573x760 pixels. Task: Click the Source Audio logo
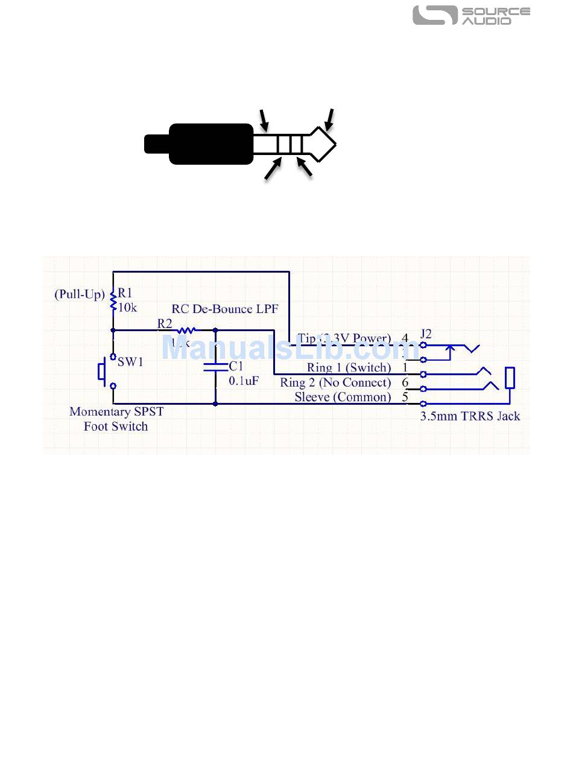click(x=471, y=16)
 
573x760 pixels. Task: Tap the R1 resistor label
click(x=125, y=293)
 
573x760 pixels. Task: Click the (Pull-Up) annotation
click(x=80, y=295)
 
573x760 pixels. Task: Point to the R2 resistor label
click(x=165, y=324)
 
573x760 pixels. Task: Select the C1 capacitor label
click(x=236, y=366)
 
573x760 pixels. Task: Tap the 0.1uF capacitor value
click(x=244, y=381)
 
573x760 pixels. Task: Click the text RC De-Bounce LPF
click(x=225, y=309)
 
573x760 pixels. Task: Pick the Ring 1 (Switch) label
click(x=349, y=368)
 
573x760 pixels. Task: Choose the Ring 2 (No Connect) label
click(x=335, y=382)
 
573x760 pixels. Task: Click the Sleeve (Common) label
click(x=343, y=397)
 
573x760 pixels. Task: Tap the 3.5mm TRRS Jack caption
click(x=470, y=416)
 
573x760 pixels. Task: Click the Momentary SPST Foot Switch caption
click(x=116, y=419)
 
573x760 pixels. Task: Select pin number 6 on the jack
click(x=405, y=382)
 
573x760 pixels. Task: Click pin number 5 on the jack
click(x=405, y=397)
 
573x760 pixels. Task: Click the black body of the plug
click(x=211, y=144)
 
